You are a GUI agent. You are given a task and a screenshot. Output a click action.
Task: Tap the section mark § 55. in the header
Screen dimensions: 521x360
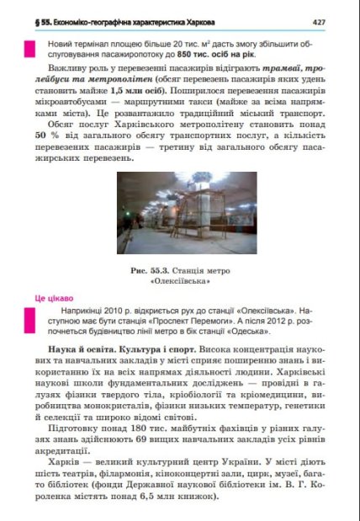38,20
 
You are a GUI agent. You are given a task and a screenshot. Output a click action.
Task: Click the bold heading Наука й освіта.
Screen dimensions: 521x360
77,348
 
